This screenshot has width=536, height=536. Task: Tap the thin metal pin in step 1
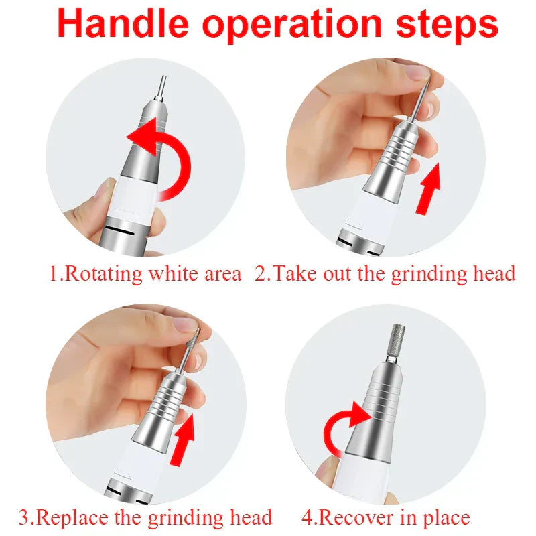(162, 88)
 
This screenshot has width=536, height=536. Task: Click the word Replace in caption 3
(74, 517)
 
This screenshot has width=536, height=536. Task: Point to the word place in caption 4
(443, 517)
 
